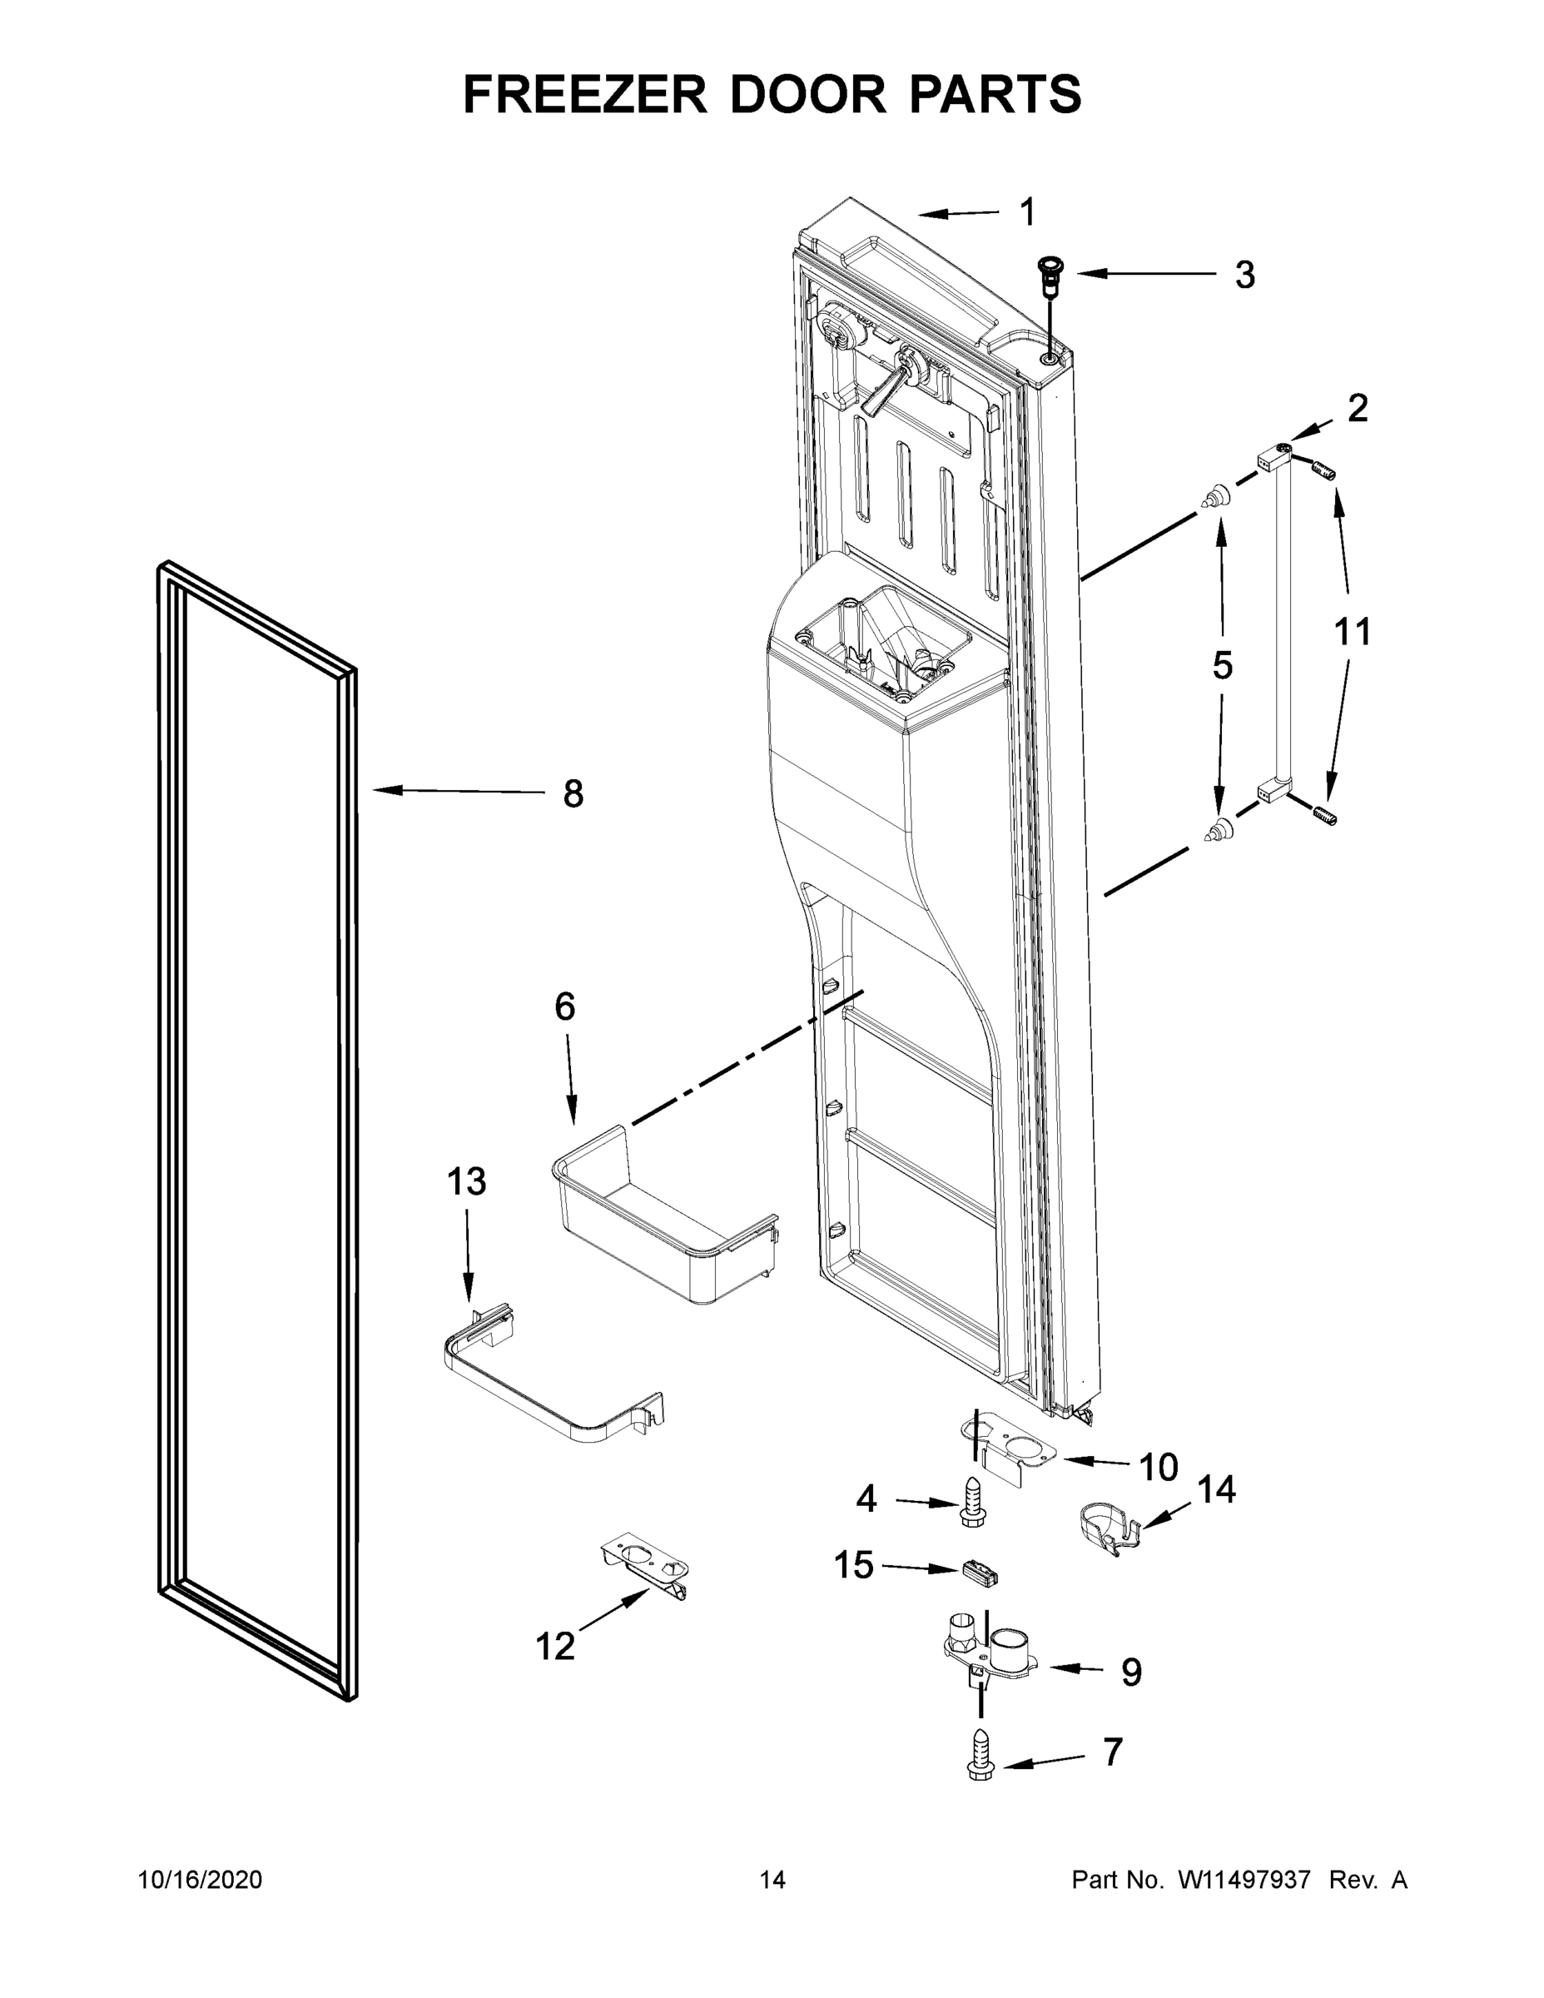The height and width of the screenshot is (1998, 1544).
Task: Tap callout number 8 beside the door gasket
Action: pyautogui.click(x=573, y=793)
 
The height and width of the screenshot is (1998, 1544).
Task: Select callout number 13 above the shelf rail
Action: pyautogui.click(x=465, y=1182)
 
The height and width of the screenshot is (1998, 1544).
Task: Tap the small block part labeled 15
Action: pyautogui.click(x=979, y=1573)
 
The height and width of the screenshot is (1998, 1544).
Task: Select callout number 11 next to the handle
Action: pyautogui.click(x=1352, y=632)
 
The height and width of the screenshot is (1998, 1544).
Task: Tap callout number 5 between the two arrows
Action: pyautogui.click(x=1222, y=666)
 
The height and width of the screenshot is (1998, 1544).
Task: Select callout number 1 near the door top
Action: pyautogui.click(x=1027, y=212)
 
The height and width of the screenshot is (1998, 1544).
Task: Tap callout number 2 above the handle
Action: pyautogui.click(x=1358, y=408)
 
